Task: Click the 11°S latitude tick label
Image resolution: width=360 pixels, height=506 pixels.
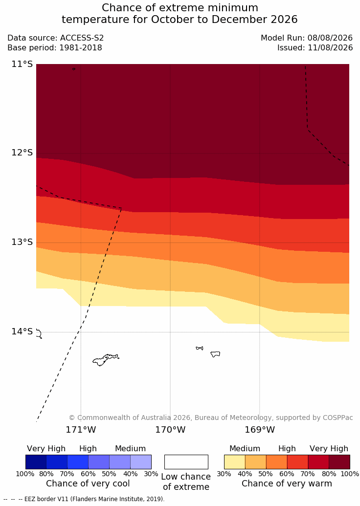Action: coord(22,64)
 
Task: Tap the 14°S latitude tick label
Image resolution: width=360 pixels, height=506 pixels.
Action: coord(22,331)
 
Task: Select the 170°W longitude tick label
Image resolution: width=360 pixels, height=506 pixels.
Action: coord(171,430)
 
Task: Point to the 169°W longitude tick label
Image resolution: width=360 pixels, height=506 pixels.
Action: coord(260,430)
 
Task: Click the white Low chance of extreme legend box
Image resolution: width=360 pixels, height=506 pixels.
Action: coord(186,462)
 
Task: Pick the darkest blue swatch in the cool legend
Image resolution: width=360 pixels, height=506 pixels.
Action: coord(36,462)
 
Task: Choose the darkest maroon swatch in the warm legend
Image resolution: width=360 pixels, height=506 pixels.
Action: coord(339,462)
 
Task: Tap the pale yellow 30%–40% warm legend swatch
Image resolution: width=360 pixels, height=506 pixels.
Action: coord(235,462)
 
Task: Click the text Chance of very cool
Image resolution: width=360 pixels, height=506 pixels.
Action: coord(88,484)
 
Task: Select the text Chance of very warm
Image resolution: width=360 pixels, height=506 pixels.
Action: coord(287,484)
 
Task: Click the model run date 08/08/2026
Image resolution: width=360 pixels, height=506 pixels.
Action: coord(330,38)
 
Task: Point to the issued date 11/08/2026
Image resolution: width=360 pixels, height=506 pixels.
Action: coord(330,48)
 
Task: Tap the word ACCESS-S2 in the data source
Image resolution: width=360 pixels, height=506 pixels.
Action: coord(82,38)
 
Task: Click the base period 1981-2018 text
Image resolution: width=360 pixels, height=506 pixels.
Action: coord(80,48)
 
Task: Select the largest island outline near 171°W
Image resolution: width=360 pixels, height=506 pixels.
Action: coord(106,360)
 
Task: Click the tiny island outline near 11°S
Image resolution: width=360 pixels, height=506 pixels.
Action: coord(74,69)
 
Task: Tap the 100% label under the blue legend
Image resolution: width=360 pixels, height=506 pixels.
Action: coord(25,474)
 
